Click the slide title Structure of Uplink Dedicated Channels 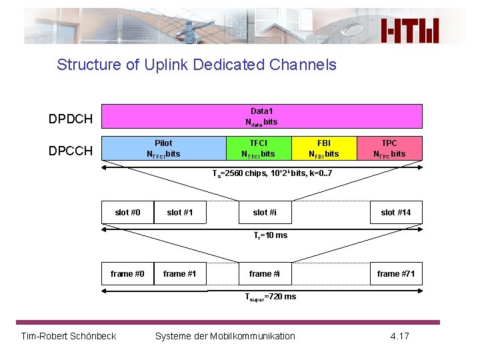point(197,65)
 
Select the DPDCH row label point(70,119)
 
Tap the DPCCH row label point(70,151)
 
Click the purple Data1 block point(262,116)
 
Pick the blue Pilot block point(163,149)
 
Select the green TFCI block point(258,149)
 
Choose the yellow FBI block point(323,149)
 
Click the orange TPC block point(389,149)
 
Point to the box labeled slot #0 point(127,213)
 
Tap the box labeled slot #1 point(180,213)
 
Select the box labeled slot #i point(265,213)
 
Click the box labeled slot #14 point(396,213)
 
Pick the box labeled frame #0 point(127,274)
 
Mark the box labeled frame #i point(265,274)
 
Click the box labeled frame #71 point(396,274)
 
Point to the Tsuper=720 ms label point(270,297)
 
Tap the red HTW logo point(410,31)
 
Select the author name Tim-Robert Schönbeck point(69,335)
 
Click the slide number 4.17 point(399,335)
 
